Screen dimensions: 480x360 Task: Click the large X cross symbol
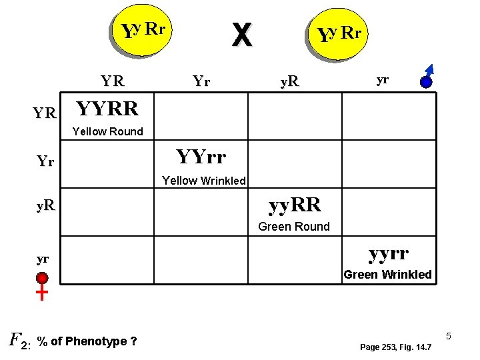click(241, 35)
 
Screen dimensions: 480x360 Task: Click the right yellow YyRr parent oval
click(339, 33)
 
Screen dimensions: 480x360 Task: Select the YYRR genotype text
click(107, 108)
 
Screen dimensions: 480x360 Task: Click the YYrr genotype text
click(201, 157)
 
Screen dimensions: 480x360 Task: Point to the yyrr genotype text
click(389, 253)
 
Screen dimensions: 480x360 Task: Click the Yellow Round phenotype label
click(107, 131)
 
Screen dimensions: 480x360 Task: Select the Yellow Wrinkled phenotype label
click(204, 181)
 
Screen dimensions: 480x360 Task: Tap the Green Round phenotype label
click(293, 227)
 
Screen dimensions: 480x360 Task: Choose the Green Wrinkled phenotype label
click(387, 275)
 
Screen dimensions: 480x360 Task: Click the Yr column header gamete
click(201, 81)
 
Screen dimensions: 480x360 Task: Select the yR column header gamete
click(289, 82)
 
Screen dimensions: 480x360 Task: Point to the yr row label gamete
click(43, 258)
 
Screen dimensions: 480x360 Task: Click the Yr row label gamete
click(45, 161)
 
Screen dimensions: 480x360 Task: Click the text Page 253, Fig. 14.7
click(395, 347)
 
